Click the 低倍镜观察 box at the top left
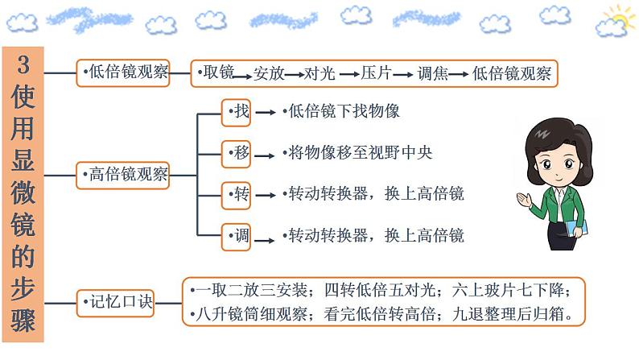124,73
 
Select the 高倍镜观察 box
124,173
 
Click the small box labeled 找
237,112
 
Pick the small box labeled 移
237,152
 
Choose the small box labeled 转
237,194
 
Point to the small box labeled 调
237,236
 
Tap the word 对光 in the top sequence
320,74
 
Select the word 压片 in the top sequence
376,74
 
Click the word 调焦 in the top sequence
432,74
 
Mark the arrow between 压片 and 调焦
404,74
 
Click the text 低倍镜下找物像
344,112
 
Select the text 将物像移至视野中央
360,152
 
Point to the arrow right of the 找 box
266,113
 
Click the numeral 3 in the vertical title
23,67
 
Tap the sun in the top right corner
620,17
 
